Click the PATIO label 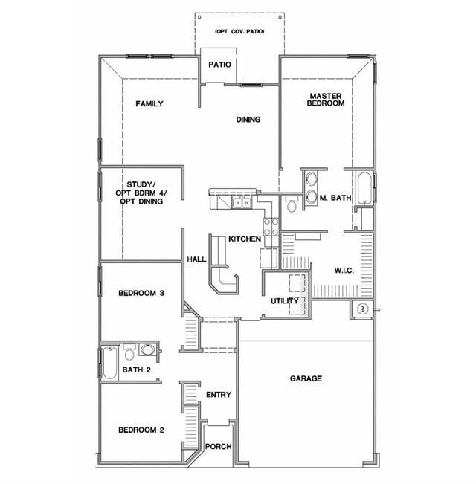click(219, 65)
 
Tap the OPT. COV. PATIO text click(239, 31)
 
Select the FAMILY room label click(149, 104)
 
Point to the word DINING click(248, 120)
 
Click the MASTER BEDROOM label click(326, 100)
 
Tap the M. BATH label click(334, 198)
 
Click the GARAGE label click(306, 379)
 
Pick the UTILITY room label click(284, 301)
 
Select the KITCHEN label click(244, 239)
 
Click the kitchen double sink click(242, 202)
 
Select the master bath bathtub click(364, 190)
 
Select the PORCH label click(219, 447)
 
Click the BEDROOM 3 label click(141, 293)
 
